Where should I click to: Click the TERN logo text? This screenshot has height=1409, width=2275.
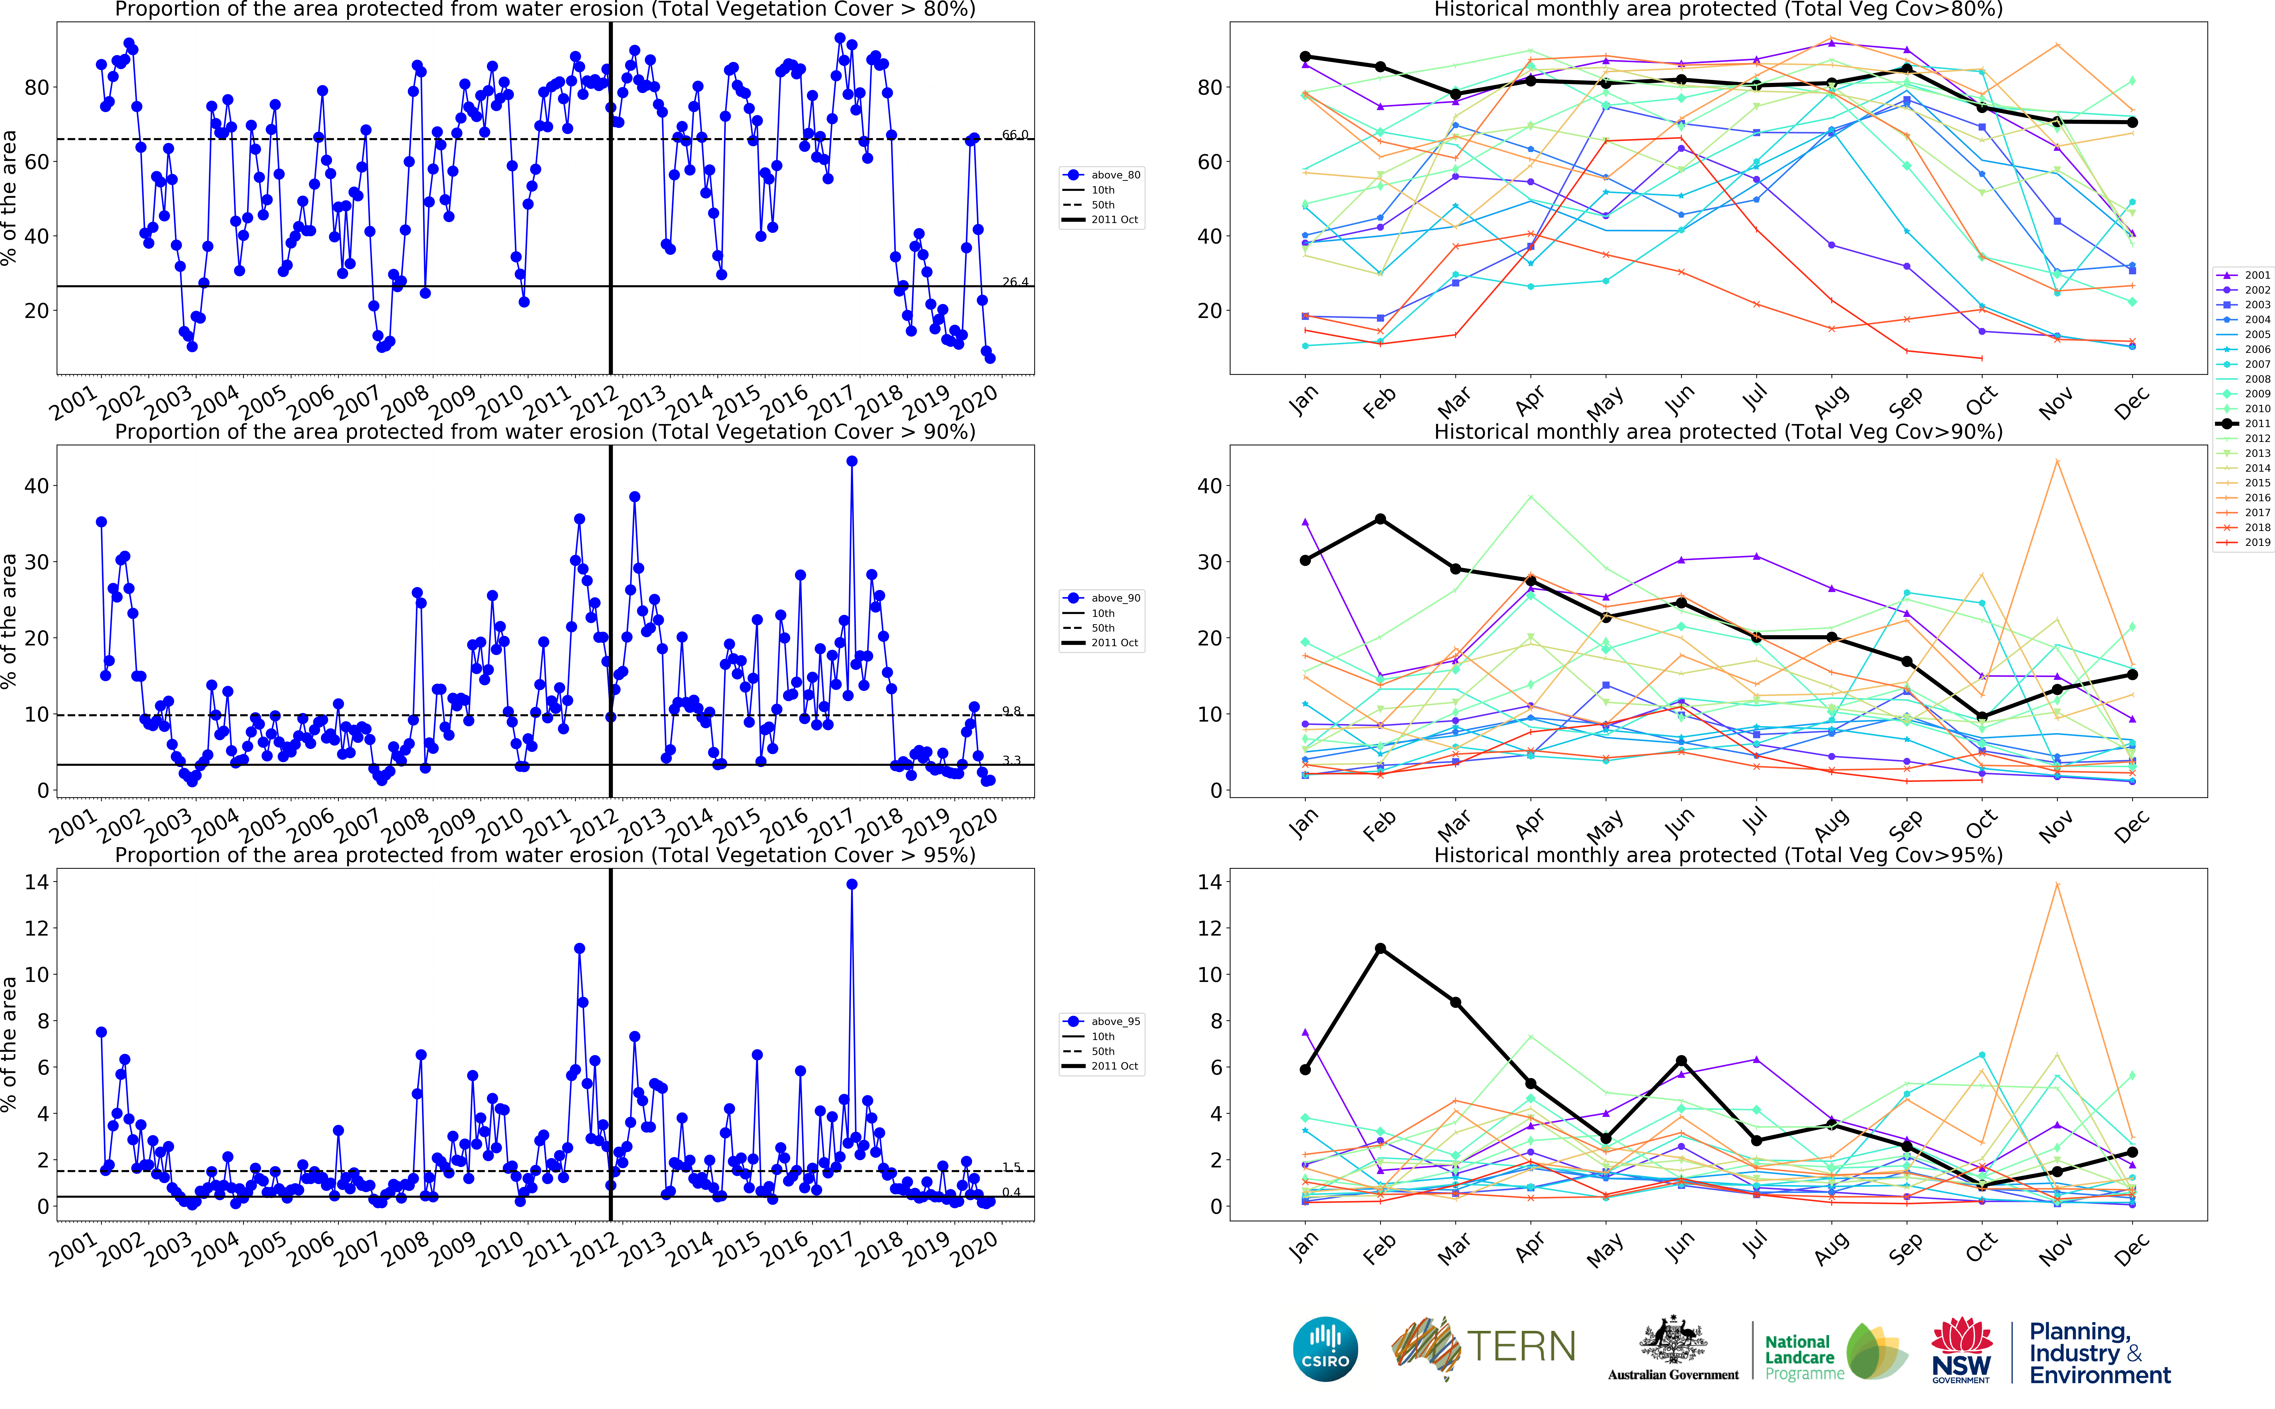[x=1521, y=1347]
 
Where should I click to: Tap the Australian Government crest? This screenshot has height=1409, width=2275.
[x=1673, y=1342]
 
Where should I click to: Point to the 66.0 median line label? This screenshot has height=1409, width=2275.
[x=1015, y=135]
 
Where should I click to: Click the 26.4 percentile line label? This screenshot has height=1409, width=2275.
[x=1015, y=282]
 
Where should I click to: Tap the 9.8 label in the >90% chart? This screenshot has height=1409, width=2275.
[x=1011, y=711]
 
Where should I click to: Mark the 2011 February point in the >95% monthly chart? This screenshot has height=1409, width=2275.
[x=1380, y=949]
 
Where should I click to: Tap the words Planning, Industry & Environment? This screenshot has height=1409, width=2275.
[x=2100, y=1353]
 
